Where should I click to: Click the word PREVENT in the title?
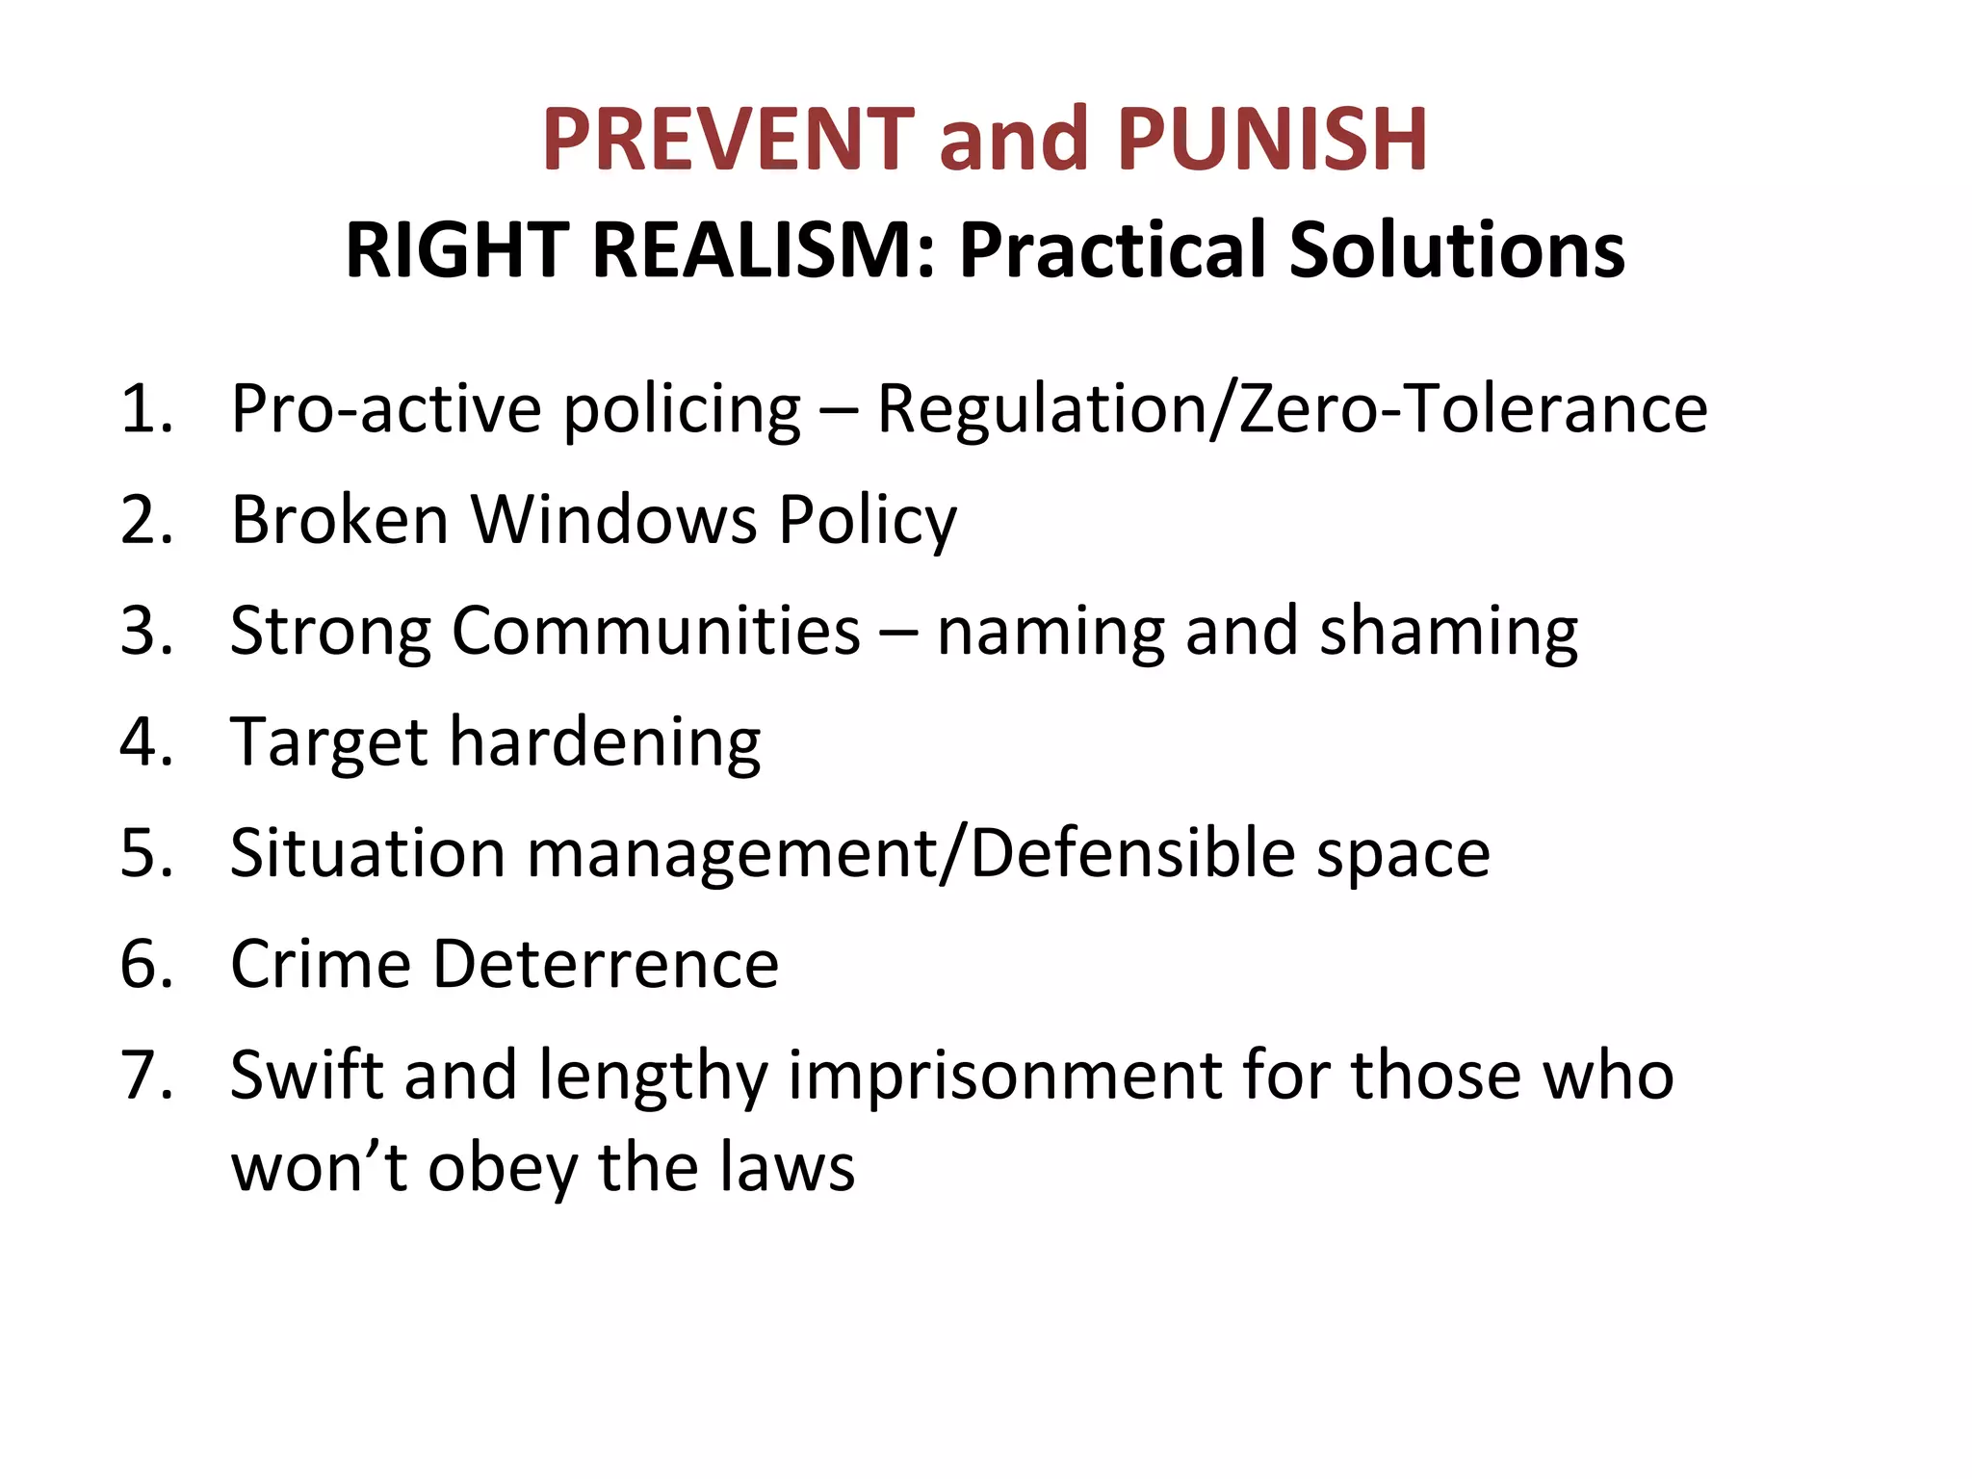click(x=727, y=140)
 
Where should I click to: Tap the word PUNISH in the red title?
click(x=1272, y=140)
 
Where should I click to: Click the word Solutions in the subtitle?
click(x=1457, y=250)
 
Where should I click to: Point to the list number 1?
click(x=144, y=409)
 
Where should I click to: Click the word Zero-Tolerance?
click(x=1473, y=409)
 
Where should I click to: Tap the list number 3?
click(x=144, y=632)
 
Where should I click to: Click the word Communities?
click(x=656, y=632)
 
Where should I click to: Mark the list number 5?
click(x=144, y=854)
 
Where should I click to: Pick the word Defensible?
click(x=1132, y=854)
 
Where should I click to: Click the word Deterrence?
click(x=605, y=965)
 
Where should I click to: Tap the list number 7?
click(x=144, y=1076)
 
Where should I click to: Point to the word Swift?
click(x=306, y=1076)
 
